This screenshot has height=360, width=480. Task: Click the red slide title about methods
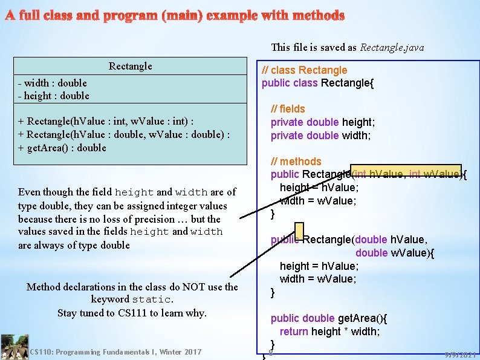[x=175, y=15]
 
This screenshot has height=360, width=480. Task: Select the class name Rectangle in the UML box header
[x=131, y=66]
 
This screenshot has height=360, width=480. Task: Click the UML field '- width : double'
[x=52, y=83]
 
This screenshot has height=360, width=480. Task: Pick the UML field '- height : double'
[x=53, y=96]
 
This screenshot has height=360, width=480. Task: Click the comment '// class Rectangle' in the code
[x=304, y=70]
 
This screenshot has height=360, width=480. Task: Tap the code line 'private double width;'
[x=320, y=136]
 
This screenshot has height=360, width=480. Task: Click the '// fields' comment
[x=288, y=109]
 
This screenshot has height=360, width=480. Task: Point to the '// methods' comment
[x=296, y=162]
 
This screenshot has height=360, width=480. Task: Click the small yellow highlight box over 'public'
[x=299, y=231]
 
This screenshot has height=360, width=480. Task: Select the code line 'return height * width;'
[x=329, y=331]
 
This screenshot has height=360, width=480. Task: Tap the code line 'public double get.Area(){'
[x=329, y=318]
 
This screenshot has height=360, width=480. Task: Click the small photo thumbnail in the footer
[x=14, y=347]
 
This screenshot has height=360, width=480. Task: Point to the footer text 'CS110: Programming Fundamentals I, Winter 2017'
[x=115, y=352]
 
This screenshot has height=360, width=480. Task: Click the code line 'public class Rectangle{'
[x=317, y=83]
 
